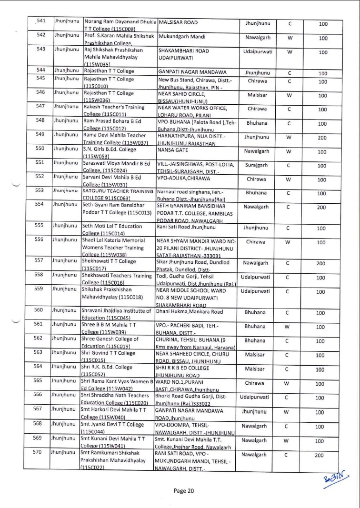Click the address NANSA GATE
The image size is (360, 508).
[x=170, y=149]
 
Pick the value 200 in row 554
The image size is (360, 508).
[x=323, y=208]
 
